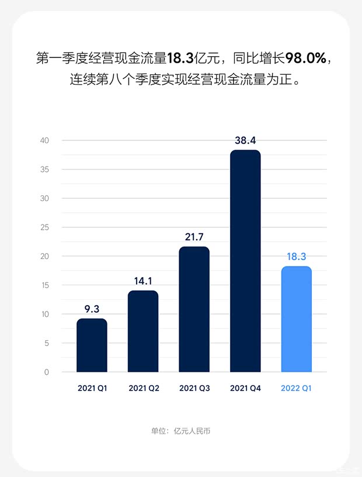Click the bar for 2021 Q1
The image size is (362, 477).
tap(92, 345)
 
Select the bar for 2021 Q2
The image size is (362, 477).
tap(143, 331)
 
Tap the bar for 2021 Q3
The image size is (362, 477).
tap(194, 309)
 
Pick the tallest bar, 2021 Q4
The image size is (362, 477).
tap(245, 261)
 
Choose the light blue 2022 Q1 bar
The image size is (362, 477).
tap(297, 319)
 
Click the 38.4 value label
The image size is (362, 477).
tap(245, 140)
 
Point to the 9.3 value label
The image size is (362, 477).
tap(92, 309)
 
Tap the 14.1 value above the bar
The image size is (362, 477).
tap(143, 281)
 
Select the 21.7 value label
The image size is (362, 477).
tap(194, 237)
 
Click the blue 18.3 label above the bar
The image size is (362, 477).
tap(297, 256)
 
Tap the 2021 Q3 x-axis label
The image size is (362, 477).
tap(194, 388)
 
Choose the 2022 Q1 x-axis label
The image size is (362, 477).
tap(297, 388)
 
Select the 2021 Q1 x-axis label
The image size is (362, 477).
tap(92, 388)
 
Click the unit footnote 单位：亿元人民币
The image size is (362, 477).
tap(180, 431)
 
